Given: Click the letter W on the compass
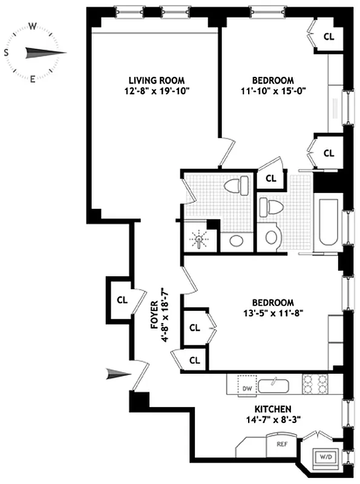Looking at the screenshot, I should coord(33,25).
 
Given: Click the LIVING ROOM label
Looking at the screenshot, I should coord(156,80).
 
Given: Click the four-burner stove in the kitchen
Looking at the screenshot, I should coord(315,384).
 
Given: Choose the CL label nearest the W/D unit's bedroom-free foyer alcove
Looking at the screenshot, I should coord(122,299).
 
